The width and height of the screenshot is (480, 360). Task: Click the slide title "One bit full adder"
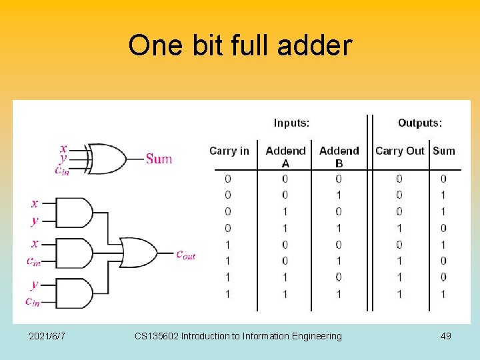(240, 46)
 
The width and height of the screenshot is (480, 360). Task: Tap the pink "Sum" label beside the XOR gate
(159, 159)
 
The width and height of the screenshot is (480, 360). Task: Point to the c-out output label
(185, 254)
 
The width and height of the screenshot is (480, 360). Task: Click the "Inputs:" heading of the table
(291, 123)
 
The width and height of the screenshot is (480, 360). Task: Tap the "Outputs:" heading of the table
(420, 123)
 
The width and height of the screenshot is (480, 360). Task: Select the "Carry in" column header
(229, 151)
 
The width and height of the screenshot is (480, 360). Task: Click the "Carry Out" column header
(399, 151)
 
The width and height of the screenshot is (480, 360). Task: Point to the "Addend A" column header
(285, 157)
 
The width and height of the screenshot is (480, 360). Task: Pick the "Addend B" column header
(339, 157)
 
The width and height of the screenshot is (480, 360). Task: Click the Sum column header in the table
(444, 151)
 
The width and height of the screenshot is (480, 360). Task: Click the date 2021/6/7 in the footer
(47, 336)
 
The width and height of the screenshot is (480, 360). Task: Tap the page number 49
(445, 336)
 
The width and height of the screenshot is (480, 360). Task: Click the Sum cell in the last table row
(443, 294)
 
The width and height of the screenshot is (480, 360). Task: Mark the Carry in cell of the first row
(228, 179)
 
